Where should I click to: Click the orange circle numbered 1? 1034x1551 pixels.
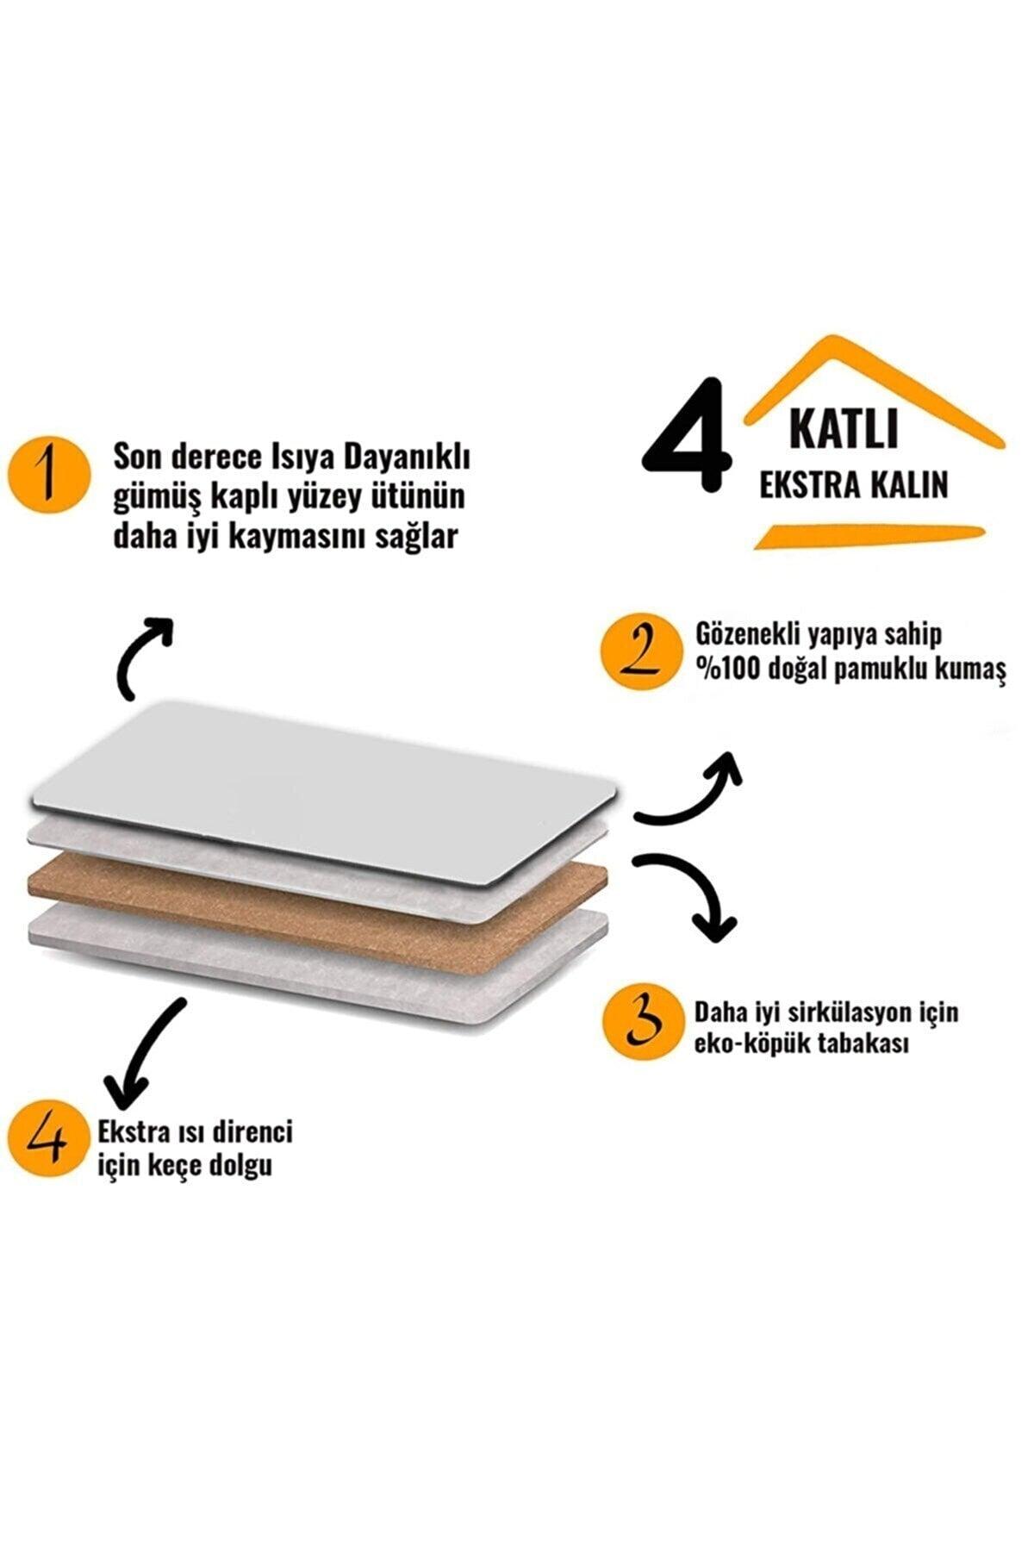(x=50, y=483)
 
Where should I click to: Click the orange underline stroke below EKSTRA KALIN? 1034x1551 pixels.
(x=869, y=535)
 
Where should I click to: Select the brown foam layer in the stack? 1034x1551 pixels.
(x=319, y=914)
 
